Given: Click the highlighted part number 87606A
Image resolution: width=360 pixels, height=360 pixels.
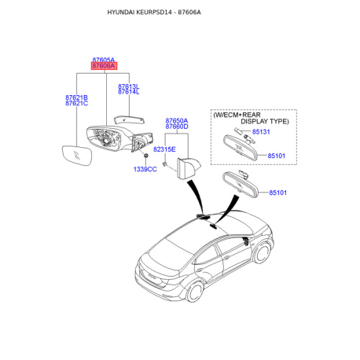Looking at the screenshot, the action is [104, 66].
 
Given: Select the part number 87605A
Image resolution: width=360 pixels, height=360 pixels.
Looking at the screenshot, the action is [104, 60].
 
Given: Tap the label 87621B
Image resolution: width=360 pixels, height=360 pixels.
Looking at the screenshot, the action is [76, 97].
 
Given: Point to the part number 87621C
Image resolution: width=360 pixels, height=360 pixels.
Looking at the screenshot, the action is [76, 103].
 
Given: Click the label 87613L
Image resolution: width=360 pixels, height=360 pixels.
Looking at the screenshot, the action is [128, 86].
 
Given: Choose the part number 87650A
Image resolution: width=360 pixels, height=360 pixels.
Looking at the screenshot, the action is [177, 121].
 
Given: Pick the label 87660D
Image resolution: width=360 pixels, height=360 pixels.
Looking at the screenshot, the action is [177, 127].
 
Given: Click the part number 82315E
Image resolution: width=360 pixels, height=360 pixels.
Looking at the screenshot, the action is [164, 149].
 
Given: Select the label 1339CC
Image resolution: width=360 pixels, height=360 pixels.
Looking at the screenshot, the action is [145, 169].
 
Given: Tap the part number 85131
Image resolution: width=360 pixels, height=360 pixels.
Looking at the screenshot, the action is [261, 132].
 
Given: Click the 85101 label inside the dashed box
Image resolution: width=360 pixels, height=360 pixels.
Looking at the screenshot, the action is [277, 156].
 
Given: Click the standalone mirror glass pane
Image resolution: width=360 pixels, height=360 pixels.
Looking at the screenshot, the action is [77, 156].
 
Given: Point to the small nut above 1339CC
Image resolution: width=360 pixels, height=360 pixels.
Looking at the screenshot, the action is [146, 156].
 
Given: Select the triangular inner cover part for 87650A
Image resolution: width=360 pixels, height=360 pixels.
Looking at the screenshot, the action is [188, 167].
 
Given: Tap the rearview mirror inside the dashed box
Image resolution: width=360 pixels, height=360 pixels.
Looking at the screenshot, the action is [241, 148].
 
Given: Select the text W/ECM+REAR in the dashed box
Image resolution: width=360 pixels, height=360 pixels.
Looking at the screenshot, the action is [237, 115].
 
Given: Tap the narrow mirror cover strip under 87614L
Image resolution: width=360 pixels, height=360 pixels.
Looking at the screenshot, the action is [129, 120].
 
